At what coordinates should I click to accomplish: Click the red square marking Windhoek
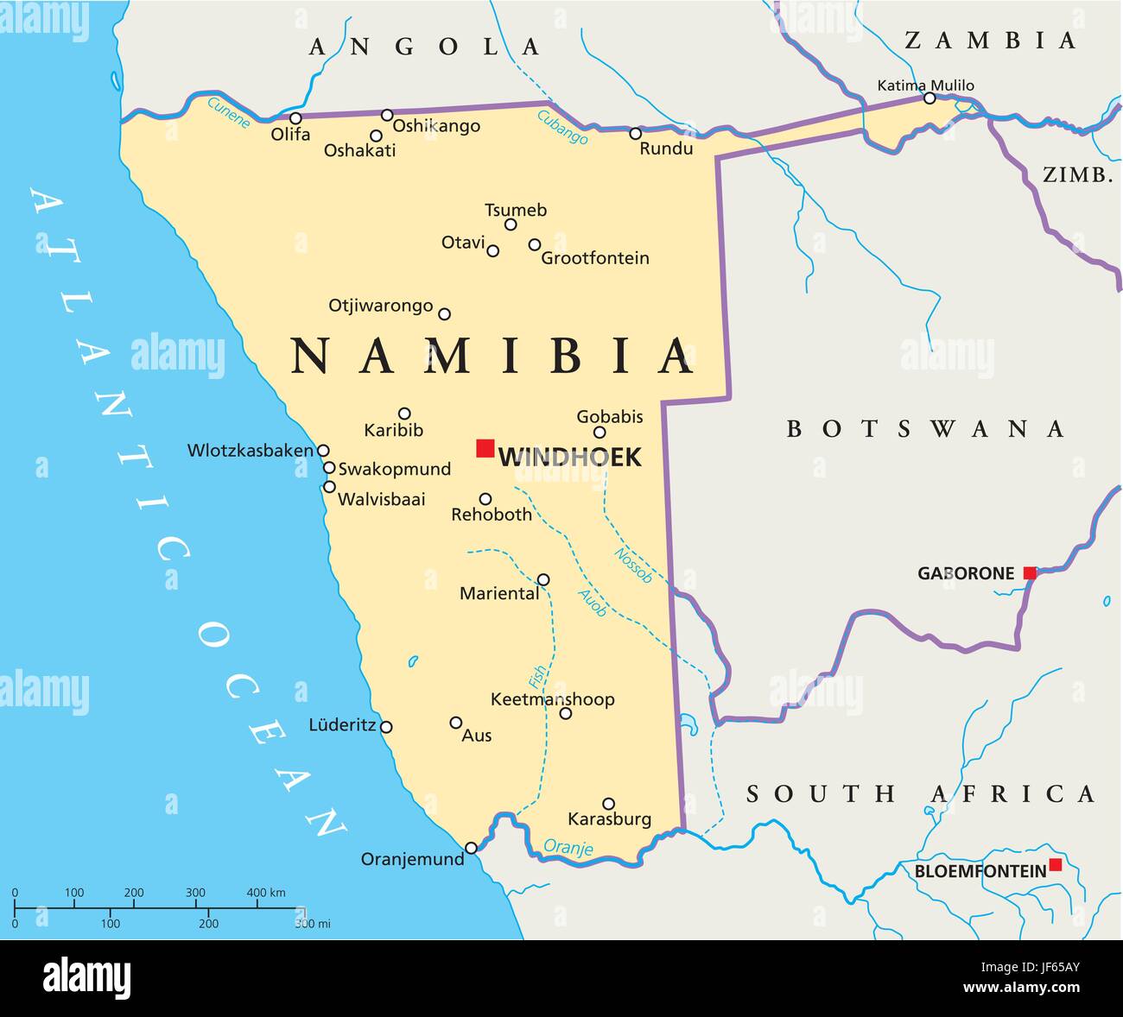(x=485, y=448)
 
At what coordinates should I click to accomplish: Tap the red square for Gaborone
(x=1030, y=573)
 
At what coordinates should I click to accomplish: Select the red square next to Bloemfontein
(x=1055, y=865)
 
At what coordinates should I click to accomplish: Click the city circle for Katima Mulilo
(x=929, y=98)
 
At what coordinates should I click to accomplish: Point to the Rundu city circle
(x=635, y=134)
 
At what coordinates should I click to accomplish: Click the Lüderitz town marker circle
(x=386, y=727)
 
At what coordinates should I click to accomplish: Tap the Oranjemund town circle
(x=471, y=848)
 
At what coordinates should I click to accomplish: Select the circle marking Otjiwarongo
(x=444, y=314)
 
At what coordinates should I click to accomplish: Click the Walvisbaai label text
(x=381, y=499)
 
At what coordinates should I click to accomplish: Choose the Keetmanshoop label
(x=552, y=699)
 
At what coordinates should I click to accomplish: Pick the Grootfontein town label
(x=594, y=258)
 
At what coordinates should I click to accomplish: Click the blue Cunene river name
(x=229, y=112)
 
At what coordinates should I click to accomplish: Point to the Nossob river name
(x=633, y=565)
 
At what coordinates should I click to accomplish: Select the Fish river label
(x=537, y=678)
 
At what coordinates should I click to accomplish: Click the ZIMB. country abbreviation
(x=1077, y=175)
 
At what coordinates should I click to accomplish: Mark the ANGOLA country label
(x=425, y=47)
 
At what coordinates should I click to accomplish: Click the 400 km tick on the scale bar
(x=257, y=907)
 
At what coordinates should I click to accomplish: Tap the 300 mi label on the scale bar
(x=313, y=924)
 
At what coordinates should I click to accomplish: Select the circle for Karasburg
(x=608, y=804)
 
